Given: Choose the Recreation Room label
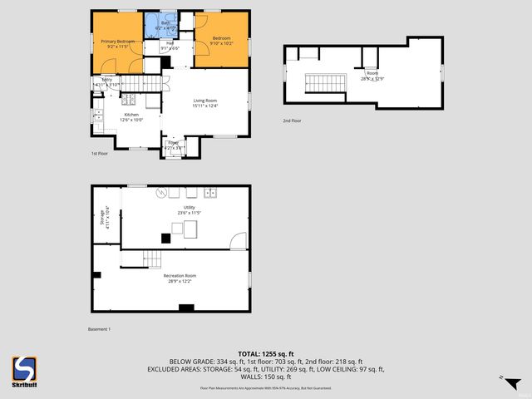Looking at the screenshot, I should click(x=180, y=275).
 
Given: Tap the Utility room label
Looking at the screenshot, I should click(x=189, y=207).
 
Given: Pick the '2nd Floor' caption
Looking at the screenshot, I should click(x=291, y=121).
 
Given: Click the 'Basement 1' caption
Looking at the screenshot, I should click(x=99, y=329).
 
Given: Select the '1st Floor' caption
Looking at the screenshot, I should click(x=99, y=154).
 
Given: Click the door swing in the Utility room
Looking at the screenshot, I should click(x=239, y=241).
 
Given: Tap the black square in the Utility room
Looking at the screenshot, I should click(x=166, y=238).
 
